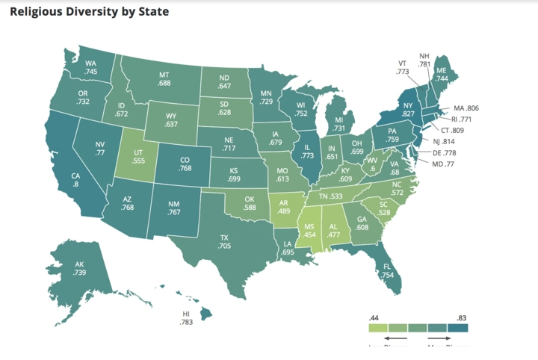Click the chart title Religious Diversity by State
(89, 12)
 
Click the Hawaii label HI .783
(186, 317)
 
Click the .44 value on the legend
(374, 317)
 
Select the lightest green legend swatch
(378, 326)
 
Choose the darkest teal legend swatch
(457, 326)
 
